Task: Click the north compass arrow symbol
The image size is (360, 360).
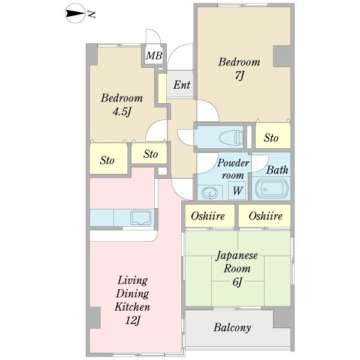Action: tap(75, 14)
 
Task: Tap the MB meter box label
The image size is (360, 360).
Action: tap(154, 56)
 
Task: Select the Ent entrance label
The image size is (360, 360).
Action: tap(182, 85)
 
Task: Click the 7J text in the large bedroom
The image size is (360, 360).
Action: tap(239, 76)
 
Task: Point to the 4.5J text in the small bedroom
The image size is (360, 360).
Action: tap(122, 112)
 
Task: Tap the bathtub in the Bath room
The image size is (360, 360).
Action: tap(272, 189)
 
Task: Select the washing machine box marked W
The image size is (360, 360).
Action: tap(238, 190)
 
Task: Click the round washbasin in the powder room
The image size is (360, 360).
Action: tap(209, 193)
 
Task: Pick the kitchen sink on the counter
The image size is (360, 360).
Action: tap(141, 217)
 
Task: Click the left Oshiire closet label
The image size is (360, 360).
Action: tap(208, 216)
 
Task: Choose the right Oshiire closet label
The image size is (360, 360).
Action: tap(265, 216)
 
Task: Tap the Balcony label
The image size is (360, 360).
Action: tap(232, 328)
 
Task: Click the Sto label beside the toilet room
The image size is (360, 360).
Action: tap(271, 138)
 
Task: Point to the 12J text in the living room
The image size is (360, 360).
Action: tap(133, 320)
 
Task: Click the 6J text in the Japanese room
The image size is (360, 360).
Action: tap(237, 282)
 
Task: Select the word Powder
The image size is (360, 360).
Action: tap(233, 163)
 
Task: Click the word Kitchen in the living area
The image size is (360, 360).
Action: tap(132, 307)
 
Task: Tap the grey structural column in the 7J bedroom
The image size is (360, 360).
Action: tap(282, 56)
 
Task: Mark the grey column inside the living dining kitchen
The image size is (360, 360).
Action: tap(95, 318)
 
